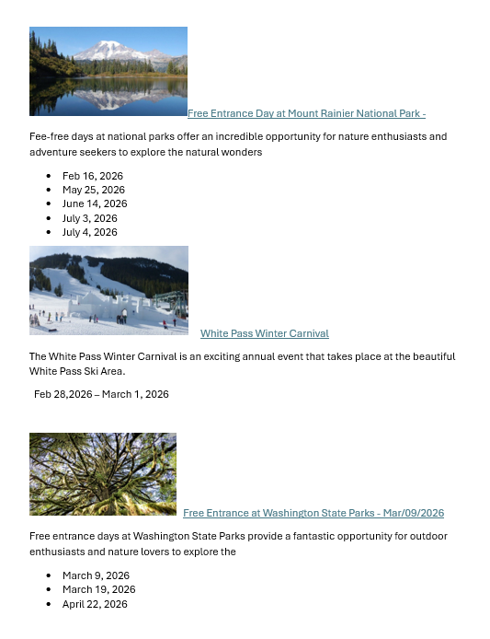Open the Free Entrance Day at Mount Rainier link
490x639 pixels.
306,114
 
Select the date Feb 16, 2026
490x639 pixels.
92,176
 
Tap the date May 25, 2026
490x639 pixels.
93,190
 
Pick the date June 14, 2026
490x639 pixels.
95,203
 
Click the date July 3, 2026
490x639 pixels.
89,218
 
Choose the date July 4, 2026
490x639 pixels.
89,232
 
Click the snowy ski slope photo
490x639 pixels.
108,290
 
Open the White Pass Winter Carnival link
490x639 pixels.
264,333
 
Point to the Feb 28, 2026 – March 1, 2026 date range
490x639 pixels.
101,394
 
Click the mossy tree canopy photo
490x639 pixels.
103,474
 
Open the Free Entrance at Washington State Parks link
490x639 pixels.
313,513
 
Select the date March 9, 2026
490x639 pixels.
96,575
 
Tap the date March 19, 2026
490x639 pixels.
98,589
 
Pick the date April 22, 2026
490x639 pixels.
95,604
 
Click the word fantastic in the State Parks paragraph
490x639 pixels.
287,536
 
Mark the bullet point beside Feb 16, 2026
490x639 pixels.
48,176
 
